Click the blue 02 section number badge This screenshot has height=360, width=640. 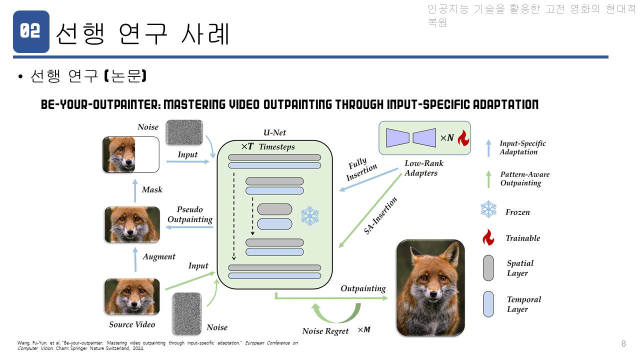(31, 31)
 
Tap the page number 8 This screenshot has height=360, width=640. (623, 343)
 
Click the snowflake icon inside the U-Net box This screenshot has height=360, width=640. (310, 216)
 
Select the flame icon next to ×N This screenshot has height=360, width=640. (463, 138)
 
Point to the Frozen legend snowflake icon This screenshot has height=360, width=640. (488, 209)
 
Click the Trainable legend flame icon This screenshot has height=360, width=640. (488, 237)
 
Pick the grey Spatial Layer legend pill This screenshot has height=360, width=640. (488, 268)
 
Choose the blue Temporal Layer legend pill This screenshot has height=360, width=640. (488, 304)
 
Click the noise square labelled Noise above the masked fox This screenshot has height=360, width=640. (184, 132)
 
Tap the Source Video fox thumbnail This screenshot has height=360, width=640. (132, 296)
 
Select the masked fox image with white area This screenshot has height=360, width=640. (131, 154)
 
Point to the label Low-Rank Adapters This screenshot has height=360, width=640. (424, 168)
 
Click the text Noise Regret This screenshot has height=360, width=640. (325, 331)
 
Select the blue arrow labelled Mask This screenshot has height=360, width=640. (135, 190)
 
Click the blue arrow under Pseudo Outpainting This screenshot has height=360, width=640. (189, 227)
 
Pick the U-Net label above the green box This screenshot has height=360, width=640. (274, 132)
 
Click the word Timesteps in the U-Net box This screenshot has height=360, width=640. (276, 147)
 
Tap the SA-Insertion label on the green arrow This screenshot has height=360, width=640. (380, 215)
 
